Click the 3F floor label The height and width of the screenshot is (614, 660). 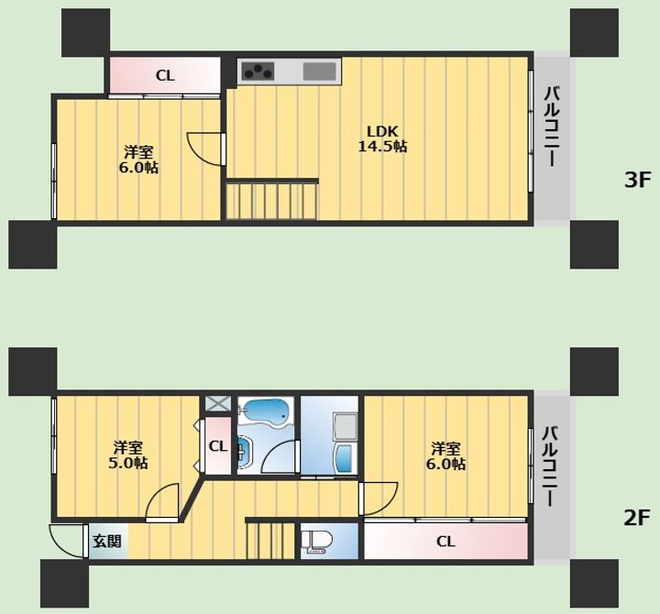(637, 181)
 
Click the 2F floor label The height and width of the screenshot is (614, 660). (637, 518)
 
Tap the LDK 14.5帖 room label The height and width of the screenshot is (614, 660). (382, 139)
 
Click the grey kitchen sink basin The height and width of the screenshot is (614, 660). (320, 71)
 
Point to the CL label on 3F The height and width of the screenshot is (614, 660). (165, 76)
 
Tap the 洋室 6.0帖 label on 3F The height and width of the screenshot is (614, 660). (138, 159)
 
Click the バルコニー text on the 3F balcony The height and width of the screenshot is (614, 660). (552, 126)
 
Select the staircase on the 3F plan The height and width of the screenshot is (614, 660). (272, 201)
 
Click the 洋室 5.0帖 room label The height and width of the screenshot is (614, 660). (127, 455)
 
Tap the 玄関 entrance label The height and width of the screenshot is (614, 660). (107, 541)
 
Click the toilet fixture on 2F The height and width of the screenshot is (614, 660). (316, 542)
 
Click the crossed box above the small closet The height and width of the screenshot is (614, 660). (218, 403)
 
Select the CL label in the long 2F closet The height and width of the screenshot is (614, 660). (445, 542)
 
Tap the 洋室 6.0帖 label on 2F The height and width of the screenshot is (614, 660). (445, 455)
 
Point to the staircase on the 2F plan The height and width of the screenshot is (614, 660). (270, 540)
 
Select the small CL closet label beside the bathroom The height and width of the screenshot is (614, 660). (218, 446)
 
